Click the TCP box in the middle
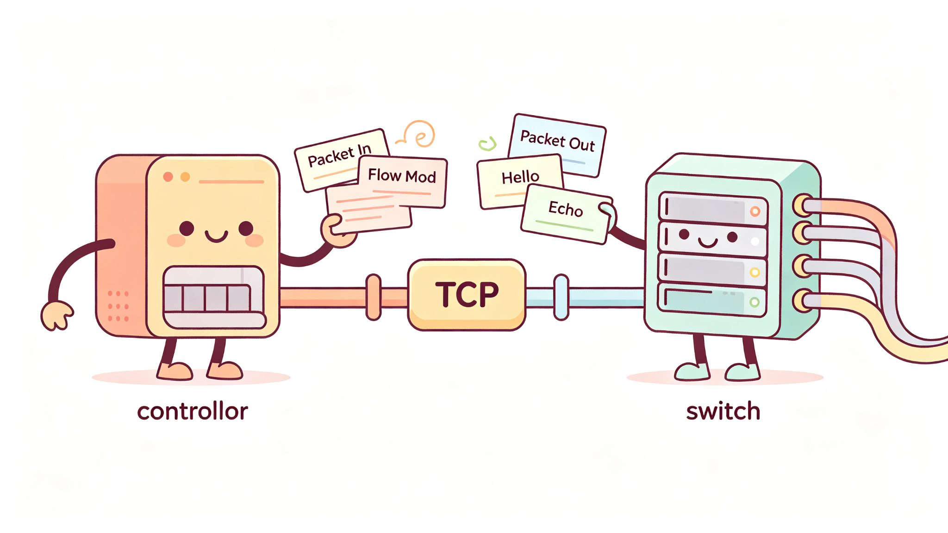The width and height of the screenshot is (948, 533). coord(467,295)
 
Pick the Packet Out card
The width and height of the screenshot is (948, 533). coord(557,144)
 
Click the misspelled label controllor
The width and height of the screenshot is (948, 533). coord(193,411)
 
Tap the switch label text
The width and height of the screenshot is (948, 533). coord(723,411)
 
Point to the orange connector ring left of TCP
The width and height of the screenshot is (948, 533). coord(373,297)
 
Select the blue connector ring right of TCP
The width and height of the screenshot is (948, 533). coord(561,297)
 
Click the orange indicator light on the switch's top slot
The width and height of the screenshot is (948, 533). coord(755,211)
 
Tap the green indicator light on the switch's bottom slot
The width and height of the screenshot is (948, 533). coord(754,302)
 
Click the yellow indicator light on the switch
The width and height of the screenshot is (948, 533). coord(755,273)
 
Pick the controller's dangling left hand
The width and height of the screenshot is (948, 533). coord(56,316)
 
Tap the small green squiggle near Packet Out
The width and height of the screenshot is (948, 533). coord(487,144)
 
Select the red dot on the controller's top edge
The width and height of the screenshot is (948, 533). coord(168,177)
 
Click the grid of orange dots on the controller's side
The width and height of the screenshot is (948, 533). coord(118,306)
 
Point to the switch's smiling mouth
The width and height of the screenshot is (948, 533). coord(708,242)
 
